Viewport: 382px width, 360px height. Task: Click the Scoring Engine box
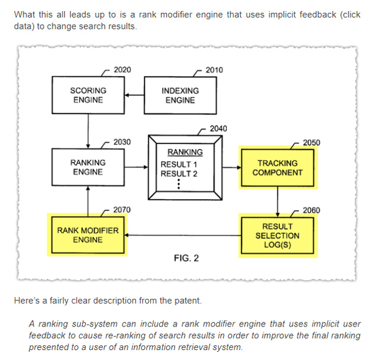[88, 95]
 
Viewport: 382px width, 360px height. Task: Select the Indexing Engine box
[180, 95]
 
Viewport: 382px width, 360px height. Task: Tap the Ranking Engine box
[88, 167]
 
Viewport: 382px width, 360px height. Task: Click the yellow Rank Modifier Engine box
[88, 235]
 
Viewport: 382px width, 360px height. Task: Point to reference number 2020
[122, 70]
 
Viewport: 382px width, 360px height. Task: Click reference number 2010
[214, 70]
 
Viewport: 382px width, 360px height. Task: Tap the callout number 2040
[218, 129]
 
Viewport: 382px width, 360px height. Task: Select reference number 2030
[122, 142]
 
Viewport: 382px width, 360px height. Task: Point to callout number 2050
[311, 142]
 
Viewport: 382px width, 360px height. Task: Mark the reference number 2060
[311, 210]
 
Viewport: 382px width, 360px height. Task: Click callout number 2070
[122, 210]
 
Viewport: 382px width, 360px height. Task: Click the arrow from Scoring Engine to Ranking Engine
[88, 131]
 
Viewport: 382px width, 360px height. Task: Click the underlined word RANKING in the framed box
[185, 152]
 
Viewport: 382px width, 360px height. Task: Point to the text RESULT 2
[179, 173]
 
